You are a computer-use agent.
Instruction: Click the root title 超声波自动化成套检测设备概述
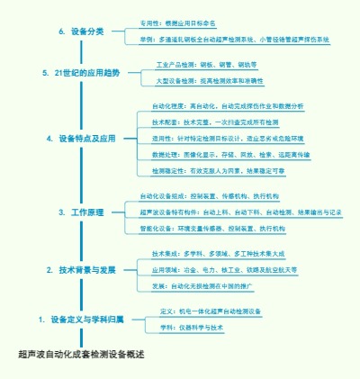pos(81,354)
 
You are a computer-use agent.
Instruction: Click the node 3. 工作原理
pos(81,212)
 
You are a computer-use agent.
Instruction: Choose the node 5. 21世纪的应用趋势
pos(81,71)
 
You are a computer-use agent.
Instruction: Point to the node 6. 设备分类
pos(82,32)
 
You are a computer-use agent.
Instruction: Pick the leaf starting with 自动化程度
pos(228,106)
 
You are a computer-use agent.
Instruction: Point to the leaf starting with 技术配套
pos(215,122)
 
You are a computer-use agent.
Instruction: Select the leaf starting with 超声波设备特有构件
pos(240,212)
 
